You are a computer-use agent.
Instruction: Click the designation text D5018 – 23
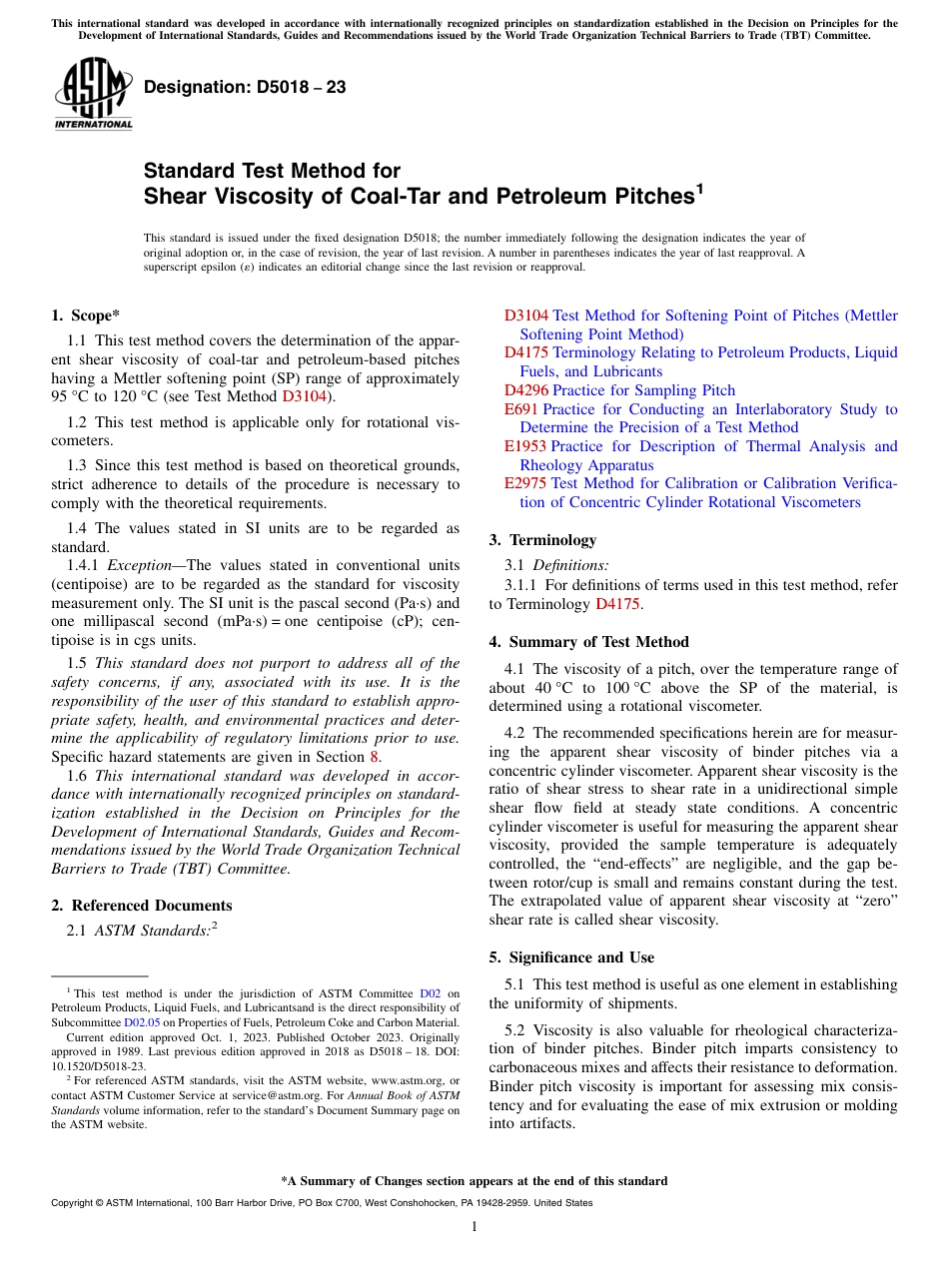click(x=245, y=88)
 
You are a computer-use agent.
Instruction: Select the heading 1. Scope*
click(x=85, y=317)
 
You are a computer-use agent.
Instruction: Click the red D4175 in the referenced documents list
click(x=525, y=352)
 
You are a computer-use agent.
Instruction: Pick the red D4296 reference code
click(x=525, y=390)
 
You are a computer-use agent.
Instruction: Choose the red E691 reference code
click(x=520, y=409)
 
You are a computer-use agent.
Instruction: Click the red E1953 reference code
click(x=524, y=446)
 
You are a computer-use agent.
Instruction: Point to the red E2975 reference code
click(x=525, y=483)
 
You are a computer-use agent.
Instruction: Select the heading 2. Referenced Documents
click(x=141, y=906)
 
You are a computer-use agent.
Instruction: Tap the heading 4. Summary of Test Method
click(x=588, y=642)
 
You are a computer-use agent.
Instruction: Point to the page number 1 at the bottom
click(x=474, y=1227)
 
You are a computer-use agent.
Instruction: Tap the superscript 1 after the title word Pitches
click(x=699, y=187)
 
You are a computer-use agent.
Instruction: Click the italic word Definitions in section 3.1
click(x=570, y=566)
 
